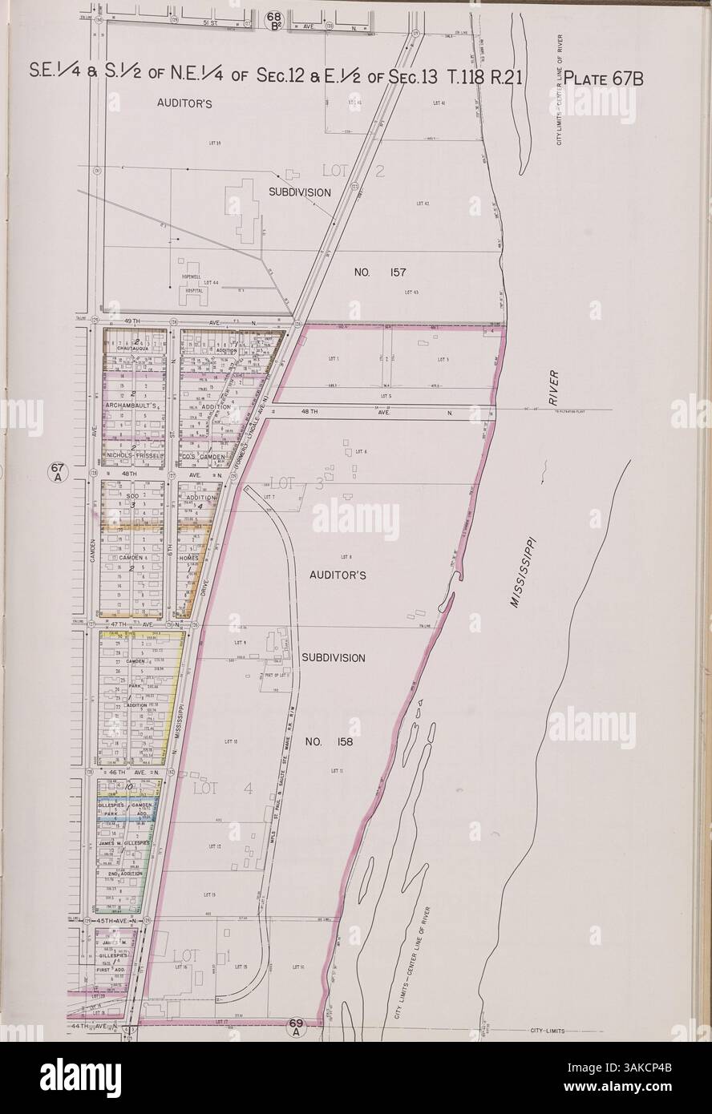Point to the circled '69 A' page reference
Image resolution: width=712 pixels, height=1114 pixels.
point(296,1026)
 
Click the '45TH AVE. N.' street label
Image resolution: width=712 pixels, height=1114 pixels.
point(117,922)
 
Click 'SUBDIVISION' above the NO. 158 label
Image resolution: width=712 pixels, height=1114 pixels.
point(334,657)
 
